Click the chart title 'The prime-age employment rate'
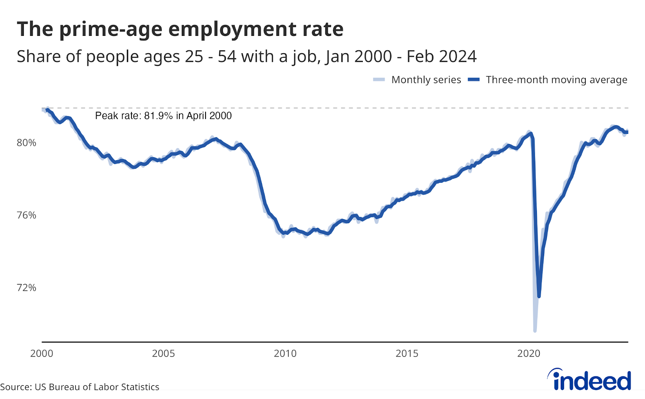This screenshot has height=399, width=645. tap(180, 29)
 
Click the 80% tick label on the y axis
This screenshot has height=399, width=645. tap(26, 143)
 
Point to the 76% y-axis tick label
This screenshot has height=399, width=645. tap(26, 215)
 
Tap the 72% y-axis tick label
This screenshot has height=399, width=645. tap(26, 288)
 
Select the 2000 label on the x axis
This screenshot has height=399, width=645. tap(42, 354)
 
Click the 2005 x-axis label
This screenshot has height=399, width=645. tap(163, 354)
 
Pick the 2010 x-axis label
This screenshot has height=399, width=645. tap(285, 354)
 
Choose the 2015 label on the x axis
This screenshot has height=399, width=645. tap(407, 354)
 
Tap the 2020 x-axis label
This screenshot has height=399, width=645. tap(528, 354)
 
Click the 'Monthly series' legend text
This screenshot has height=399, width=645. tap(426, 80)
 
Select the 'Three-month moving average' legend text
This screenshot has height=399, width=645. tap(556, 80)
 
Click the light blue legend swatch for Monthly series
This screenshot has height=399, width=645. tap(379, 80)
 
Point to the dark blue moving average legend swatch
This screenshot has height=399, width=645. tap(474, 80)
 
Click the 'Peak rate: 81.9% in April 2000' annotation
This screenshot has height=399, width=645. tap(163, 116)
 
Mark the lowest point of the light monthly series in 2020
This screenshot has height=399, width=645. tap(535, 330)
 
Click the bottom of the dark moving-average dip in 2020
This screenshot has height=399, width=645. tap(539, 297)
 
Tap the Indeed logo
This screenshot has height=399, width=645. tap(589, 380)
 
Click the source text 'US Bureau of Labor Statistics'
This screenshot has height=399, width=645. tap(97, 387)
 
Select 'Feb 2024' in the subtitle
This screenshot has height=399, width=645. tap(441, 56)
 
